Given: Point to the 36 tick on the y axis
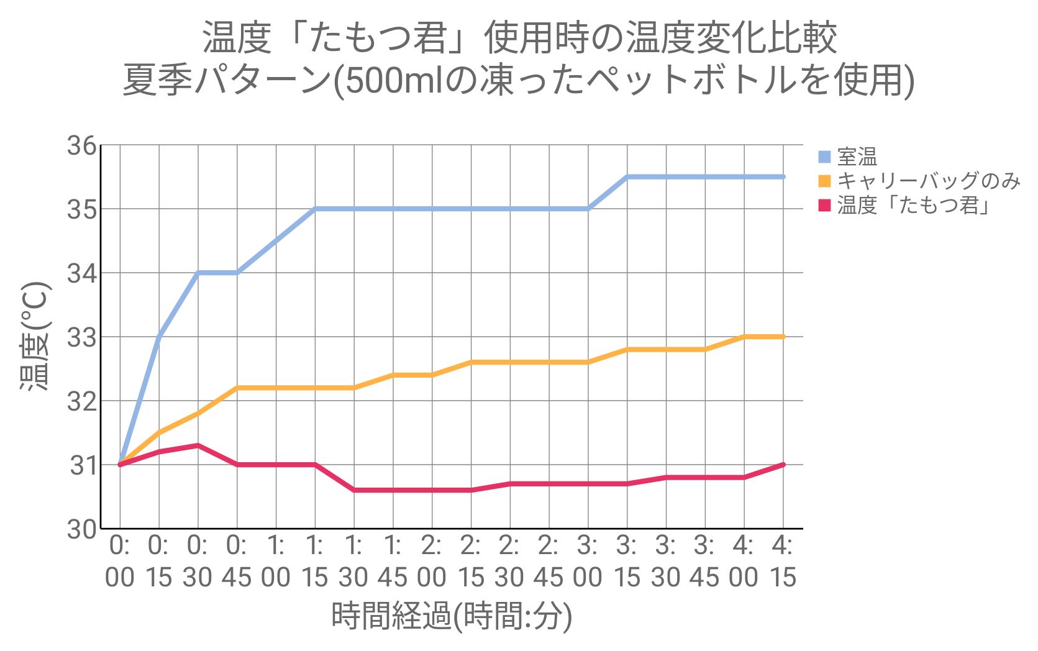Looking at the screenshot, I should (82, 147).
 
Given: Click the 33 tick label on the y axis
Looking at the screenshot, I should (82, 337).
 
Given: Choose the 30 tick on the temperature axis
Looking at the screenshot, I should (82, 530).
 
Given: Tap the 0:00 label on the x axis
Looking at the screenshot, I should (119, 562).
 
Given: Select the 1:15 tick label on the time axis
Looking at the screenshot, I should (315, 562).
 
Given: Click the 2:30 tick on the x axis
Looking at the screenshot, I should (510, 562).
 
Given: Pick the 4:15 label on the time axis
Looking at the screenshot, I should (783, 562).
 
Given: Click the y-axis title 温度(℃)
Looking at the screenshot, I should (35, 337).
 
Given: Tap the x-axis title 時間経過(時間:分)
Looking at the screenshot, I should (452, 617).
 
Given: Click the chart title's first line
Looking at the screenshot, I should (519, 39).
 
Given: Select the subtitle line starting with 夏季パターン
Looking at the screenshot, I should (519, 81).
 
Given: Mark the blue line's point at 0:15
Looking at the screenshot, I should (159, 337).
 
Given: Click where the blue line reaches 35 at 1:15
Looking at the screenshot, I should (315, 209).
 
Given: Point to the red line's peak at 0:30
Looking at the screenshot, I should (198, 445).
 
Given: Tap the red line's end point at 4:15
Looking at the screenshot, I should (783, 464).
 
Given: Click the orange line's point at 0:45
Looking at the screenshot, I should (237, 388).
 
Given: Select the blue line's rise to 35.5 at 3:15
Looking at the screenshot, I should (627, 177).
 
